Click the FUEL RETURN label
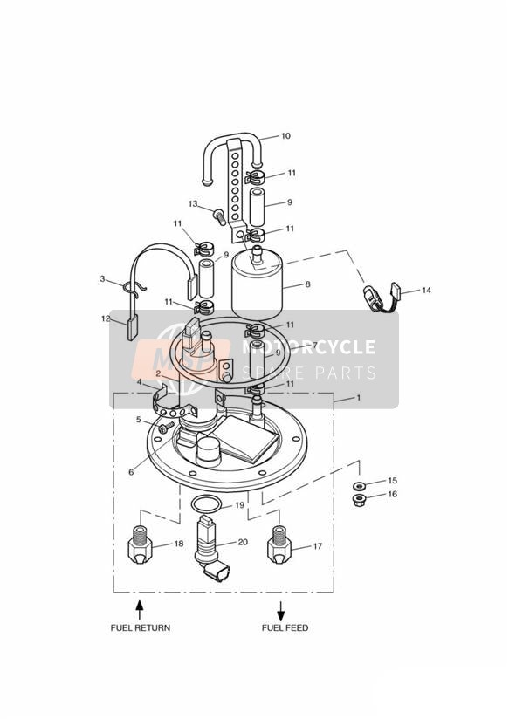[140, 627]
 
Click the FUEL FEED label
[285, 627]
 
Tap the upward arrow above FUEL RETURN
[139, 607]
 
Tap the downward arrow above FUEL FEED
[281, 608]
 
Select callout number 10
[285, 136]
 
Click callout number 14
[426, 290]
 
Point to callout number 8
[307, 284]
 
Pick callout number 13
[193, 203]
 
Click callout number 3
[102, 279]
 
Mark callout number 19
[238, 505]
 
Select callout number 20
[242, 542]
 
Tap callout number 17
[317, 547]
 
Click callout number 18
[178, 544]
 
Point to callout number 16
[392, 494]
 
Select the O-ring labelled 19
[205, 503]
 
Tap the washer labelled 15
[358, 484]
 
